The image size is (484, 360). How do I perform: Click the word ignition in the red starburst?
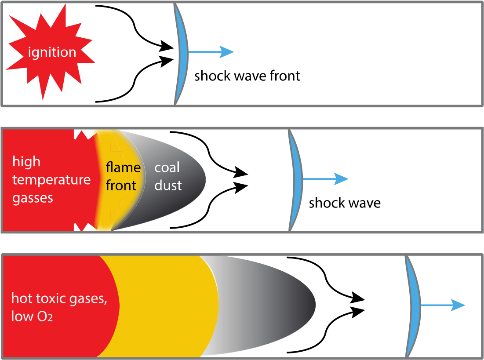coord(52,52)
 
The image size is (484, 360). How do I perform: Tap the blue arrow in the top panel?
coord(211,52)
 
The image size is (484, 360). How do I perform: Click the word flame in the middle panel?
coord(123,167)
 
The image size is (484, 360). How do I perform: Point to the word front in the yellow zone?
coord(121,185)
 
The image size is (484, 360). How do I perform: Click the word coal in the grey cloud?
coord(167,167)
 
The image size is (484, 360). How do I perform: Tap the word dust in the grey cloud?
coord(168,185)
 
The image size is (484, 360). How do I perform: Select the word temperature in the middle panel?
coord(51,180)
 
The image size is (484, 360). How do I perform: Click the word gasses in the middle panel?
coord(33,198)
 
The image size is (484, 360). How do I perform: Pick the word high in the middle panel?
coord(26,162)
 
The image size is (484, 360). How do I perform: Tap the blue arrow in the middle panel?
coord(326,179)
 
